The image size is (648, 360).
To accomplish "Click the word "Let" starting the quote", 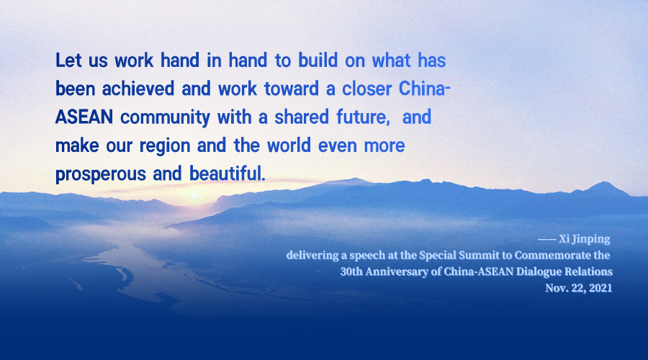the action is tap(68, 60).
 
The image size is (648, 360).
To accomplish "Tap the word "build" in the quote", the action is tap(318, 60).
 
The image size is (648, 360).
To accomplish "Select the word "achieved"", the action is tap(138, 89).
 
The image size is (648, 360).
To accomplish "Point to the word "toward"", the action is tap(292, 89).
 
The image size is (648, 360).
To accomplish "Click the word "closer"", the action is tap(366, 89).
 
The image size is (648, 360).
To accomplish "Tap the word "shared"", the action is tap(302, 117).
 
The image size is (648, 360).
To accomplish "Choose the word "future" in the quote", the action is tap(363, 117).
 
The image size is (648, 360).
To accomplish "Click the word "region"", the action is tap(164, 146).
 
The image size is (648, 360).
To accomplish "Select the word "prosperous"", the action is tap(100, 174).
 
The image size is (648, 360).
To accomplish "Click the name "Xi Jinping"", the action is tap(585, 239).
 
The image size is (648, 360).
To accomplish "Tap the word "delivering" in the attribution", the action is tap(312, 256).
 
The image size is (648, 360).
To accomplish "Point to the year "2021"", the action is tap(600, 288).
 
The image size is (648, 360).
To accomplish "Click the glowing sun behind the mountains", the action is tap(195, 195).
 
